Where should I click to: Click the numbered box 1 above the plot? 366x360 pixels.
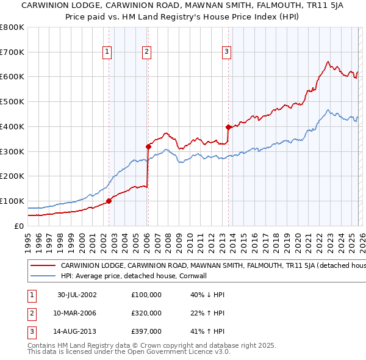107,52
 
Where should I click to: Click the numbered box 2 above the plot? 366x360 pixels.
147,52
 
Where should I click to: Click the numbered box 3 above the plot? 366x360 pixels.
226,52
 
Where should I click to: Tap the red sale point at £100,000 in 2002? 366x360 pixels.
109,200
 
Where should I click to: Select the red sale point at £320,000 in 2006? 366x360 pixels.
148,146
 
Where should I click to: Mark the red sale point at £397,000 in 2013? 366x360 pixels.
228,127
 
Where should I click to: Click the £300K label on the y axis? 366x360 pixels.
12,151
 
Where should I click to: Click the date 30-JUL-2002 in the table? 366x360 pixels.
77,295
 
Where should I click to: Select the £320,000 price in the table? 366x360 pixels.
146,313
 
